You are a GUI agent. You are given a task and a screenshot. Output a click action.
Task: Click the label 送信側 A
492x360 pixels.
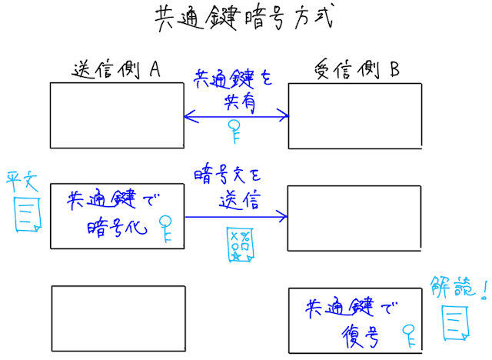pos(115,70)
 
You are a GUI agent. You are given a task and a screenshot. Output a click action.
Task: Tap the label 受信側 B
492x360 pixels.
pos(357,70)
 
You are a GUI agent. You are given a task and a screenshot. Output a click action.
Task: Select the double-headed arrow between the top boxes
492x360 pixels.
pos(236,117)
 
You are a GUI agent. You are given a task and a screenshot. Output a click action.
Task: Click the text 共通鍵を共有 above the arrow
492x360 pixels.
pos(234,88)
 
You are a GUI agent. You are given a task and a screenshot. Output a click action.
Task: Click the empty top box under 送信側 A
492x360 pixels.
pos(118,115)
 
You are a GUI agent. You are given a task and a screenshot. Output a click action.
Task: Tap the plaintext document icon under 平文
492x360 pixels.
pos(28,214)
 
